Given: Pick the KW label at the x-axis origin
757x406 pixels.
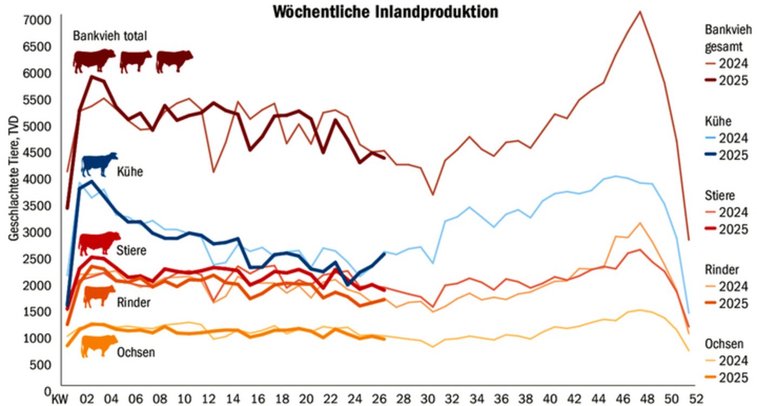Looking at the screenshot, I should tap(56, 398).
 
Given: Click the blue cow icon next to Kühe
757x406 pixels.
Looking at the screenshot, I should tap(99, 164).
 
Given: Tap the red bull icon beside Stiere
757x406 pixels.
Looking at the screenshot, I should tap(99, 243).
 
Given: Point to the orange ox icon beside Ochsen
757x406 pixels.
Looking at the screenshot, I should tap(99, 346).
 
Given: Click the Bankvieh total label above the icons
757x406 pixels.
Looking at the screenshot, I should tap(110, 36).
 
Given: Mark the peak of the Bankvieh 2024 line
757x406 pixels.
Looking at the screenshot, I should tap(640, 11).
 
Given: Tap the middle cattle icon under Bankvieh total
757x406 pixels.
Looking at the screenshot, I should tap(135, 61).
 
